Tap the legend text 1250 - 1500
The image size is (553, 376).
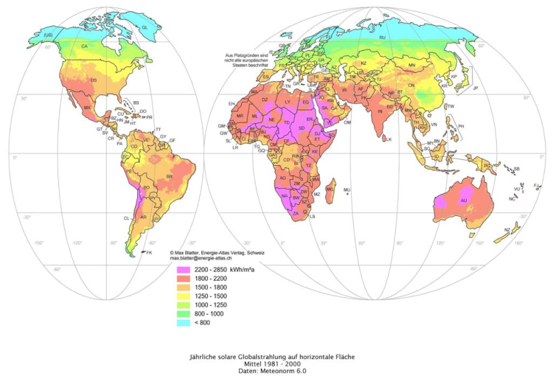point(207,296)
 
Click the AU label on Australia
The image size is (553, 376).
point(464,201)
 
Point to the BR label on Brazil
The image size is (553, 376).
point(170,177)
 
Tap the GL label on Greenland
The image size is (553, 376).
point(145,27)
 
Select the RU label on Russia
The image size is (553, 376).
point(382,37)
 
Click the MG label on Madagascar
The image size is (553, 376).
point(330,189)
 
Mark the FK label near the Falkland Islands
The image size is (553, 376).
point(149,253)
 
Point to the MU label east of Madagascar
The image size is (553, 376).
point(347,189)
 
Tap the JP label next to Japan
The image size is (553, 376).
point(476,88)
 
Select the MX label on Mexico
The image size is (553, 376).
point(87,108)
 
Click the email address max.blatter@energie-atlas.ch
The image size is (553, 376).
point(208,260)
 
